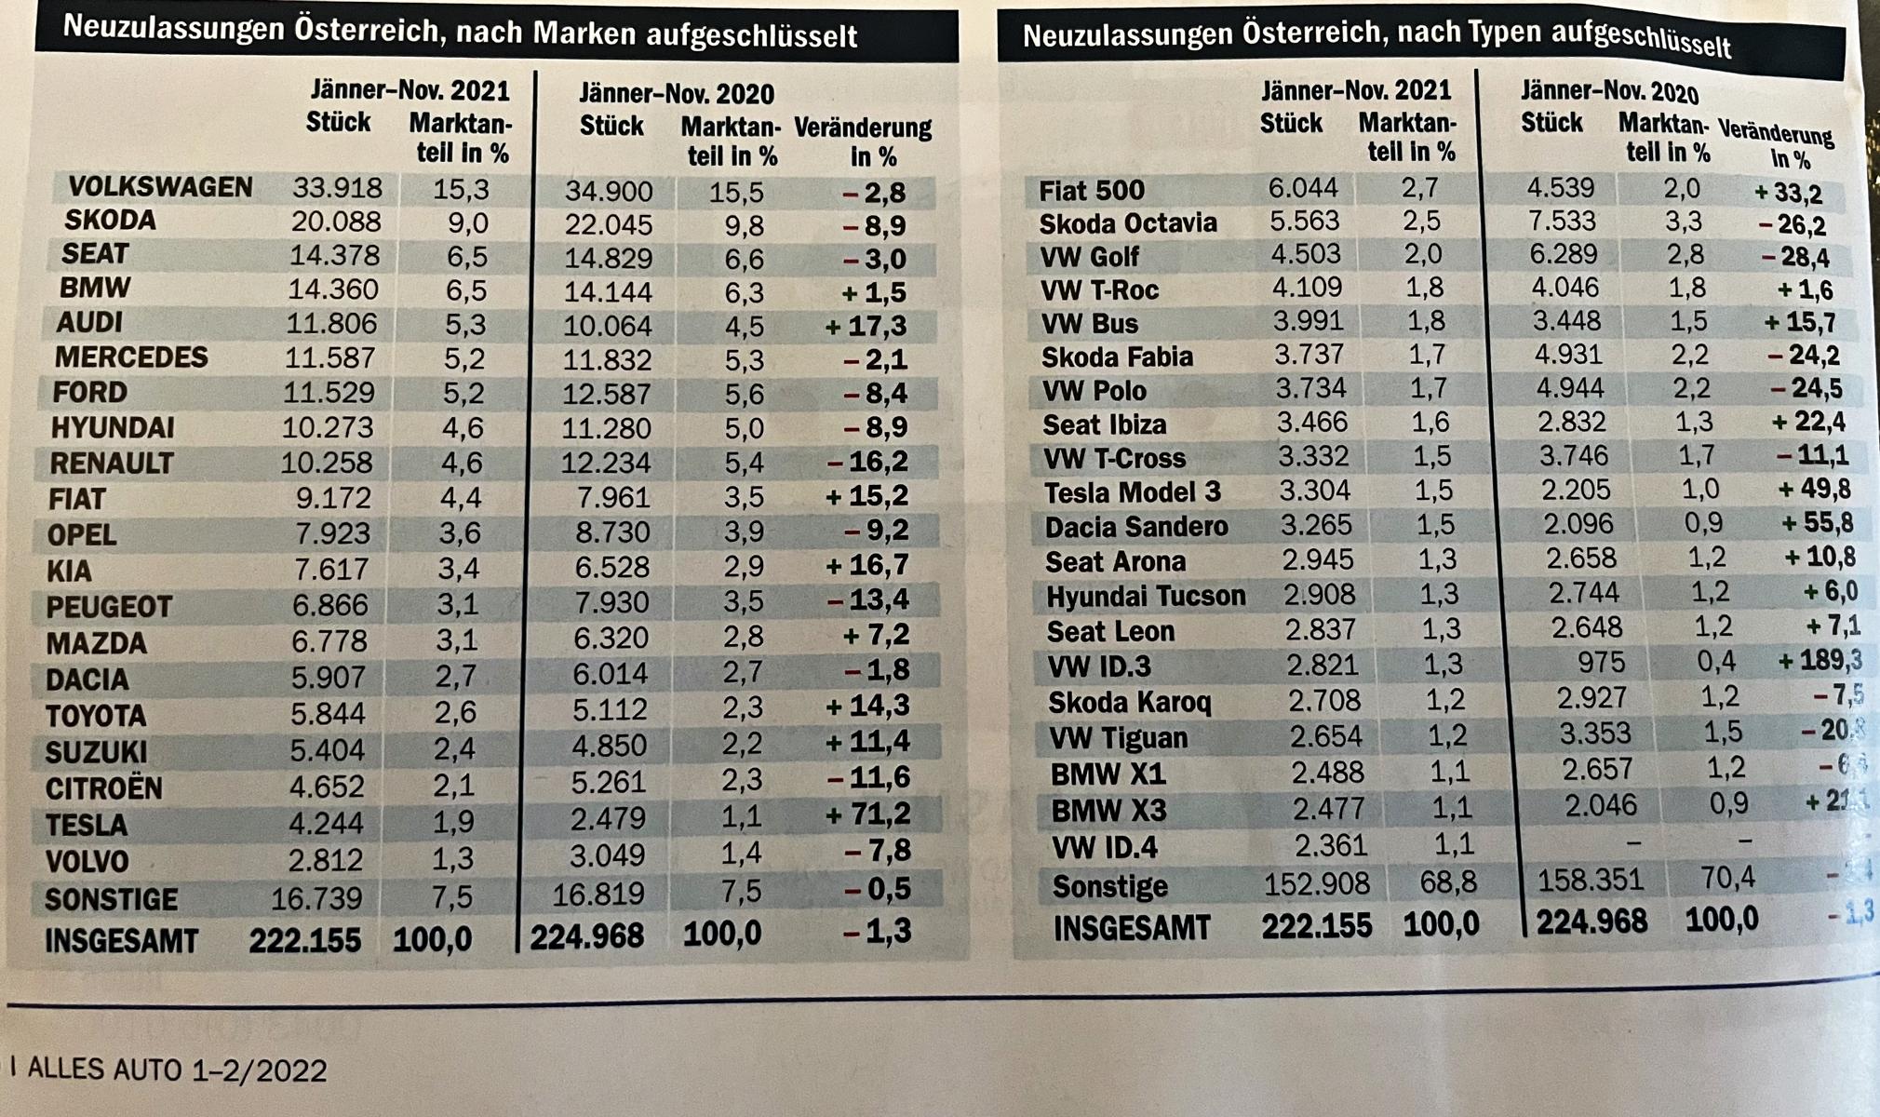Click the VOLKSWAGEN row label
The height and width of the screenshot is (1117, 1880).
(x=160, y=187)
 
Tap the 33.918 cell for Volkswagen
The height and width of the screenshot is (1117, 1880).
(x=337, y=188)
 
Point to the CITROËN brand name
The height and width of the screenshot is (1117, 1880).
(x=104, y=788)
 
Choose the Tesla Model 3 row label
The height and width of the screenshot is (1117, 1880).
(x=1132, y=491)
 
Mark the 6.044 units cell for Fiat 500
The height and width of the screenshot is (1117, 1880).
(x=1303, y=188)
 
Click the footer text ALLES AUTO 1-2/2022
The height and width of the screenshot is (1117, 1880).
(x=177, y=1070)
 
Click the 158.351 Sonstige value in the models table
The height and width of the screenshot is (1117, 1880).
(x=1590, y=880)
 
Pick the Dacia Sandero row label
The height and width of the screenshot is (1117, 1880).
(x=1136, y=527)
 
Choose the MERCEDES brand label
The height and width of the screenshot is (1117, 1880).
(x=131, y=357)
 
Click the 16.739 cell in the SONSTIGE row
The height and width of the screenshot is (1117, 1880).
(x=316, y=897)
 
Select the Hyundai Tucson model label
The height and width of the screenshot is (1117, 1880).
(x=1146, y=596)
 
